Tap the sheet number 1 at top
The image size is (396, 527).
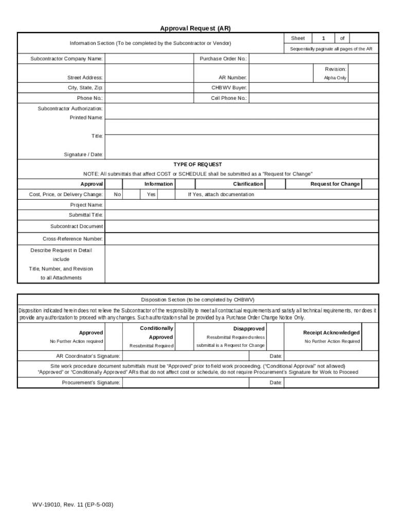click(x=323, y=39)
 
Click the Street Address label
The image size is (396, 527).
click(x=85, y=78)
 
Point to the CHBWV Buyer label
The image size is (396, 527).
click(x=229, y=87)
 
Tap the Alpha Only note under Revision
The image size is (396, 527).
click(x=335, y=78)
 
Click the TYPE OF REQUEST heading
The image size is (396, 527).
click(x=197, y=165)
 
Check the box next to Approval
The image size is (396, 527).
click(x=114, y=184)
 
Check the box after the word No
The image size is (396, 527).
click(x=132, y=195)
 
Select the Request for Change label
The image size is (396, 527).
click(x=335, y=184)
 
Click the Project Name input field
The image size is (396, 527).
click(x=242, y=205)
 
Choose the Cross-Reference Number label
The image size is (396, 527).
click(x=73, y=239)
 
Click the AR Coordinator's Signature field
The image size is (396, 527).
click(x=186, y=356)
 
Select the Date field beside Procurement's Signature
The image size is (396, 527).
click(x=331, y=382)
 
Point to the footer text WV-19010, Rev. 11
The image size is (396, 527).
click(x=71, y=504)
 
